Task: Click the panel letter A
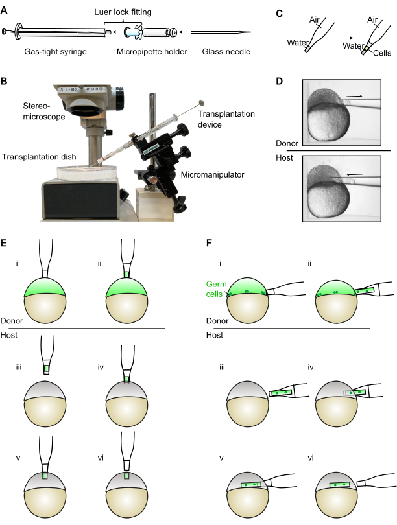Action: [4, 10]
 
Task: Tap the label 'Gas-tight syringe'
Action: [55, 52]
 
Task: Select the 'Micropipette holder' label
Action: [152, 52]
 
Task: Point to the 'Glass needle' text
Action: [226, 52]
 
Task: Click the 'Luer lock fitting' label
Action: [123, 12]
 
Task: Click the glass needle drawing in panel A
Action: [221, 32]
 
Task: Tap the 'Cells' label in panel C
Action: [382, 53]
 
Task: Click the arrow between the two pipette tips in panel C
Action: [344, 38]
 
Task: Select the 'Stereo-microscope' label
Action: [44, 111]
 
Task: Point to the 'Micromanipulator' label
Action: [212, 175]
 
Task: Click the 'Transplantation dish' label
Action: [39, 157]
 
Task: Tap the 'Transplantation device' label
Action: [226, 119]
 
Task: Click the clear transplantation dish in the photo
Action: [87, 171]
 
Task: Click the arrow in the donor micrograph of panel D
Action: [354, 97]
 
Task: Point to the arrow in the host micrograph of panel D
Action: [354, 174]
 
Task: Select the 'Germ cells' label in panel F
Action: [216, 289]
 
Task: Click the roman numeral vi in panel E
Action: [101, 458]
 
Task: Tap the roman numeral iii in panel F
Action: [222, 367]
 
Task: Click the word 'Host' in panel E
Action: [9, 335]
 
